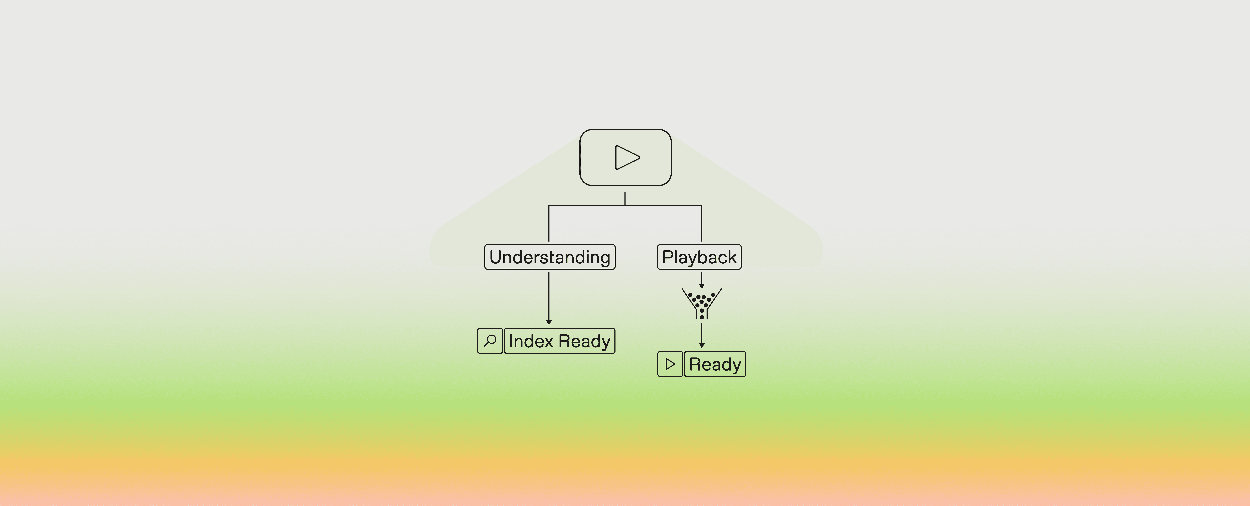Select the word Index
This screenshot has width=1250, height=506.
coord(531,341)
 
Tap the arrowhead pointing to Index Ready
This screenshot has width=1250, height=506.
coord(549,322)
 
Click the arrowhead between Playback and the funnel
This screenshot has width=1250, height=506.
coord(702,286)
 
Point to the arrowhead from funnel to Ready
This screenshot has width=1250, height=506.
coord(702,345)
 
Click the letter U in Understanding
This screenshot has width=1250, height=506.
coord(496,257)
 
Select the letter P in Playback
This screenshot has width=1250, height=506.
coord(668,257)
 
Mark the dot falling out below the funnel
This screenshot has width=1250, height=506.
coord(702,317)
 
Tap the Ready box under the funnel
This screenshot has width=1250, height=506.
coord(715,364)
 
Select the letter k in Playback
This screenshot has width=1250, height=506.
coord(732,257)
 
